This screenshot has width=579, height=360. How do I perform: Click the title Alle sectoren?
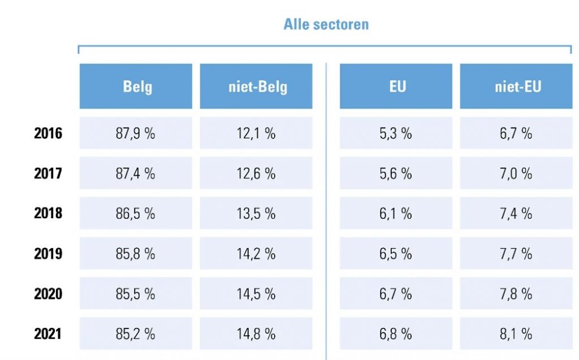[x=326, y=24]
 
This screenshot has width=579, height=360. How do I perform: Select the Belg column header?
[x=136, y=86]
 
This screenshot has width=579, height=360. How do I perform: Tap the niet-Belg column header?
[x=256, y=86]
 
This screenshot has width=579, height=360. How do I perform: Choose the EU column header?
[x=396, y=86]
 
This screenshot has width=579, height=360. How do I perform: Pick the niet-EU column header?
[x=516, y=86]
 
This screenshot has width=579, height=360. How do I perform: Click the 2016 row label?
[x=48, y=133]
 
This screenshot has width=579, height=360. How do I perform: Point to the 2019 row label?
[x=48, y=253]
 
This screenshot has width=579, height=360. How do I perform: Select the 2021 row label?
[x=48, y=333]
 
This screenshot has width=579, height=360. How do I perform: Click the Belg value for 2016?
[x=136, y=133]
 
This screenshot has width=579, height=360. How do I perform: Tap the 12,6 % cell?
[x=256, y=173]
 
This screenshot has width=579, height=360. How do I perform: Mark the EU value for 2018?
[x=396, y=214]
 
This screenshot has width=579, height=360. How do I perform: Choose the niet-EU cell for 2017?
[x=516, y=173]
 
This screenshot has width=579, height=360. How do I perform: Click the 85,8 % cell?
[x=136, y=254]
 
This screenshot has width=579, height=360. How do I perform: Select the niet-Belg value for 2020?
[x=256, y=294]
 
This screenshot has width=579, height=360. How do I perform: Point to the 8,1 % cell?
[x=516, y=334]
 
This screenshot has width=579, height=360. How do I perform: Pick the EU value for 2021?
[x=396, y=334]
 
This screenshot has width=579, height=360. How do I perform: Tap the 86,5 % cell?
[x=136, y=214]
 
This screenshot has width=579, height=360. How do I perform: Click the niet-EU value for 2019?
[x=516, y=254]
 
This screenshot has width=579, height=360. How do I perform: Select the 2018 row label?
[x=48, y=213]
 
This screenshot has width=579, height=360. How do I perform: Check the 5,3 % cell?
[x=396, y=133]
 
